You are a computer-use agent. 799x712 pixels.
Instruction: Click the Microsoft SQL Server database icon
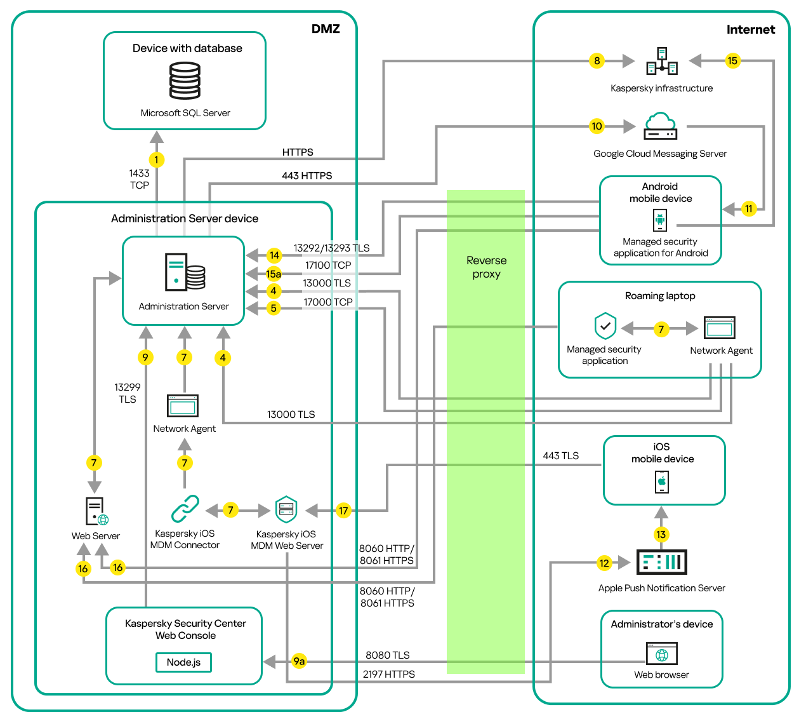click(185, 81)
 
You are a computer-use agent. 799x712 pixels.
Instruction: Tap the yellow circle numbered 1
click(156, 160)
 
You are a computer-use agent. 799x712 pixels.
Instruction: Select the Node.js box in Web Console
click(183, 662)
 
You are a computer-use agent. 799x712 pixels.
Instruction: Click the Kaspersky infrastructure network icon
click(661, 62)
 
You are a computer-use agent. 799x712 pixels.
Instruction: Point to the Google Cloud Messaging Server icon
click(660, 126)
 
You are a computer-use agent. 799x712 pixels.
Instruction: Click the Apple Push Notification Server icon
click(661, 562)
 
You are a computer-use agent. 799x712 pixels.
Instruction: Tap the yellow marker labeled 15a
click(274, 274)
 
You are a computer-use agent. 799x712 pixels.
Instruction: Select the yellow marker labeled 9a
click(299, 661)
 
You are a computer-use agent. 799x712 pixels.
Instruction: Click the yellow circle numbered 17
click(343, 511)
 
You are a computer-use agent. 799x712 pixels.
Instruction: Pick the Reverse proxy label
click(486, 267)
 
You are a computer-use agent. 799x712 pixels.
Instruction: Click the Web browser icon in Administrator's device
click(661, 654)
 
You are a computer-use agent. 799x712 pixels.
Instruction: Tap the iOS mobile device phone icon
click(661, 482)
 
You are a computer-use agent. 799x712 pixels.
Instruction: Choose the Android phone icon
click(660, 220)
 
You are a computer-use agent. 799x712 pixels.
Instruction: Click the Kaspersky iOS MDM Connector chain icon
click(185, 509)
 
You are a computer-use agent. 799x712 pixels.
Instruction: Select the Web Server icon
click(96, 511)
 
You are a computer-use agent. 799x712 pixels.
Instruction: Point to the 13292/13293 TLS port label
click(331, 248)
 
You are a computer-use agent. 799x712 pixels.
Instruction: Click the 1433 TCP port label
click(139, 179)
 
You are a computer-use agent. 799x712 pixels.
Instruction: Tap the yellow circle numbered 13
click(661, 534)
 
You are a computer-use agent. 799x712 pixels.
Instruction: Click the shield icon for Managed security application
click(605, 326)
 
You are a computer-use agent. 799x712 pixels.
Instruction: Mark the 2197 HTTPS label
click(388, 675)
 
